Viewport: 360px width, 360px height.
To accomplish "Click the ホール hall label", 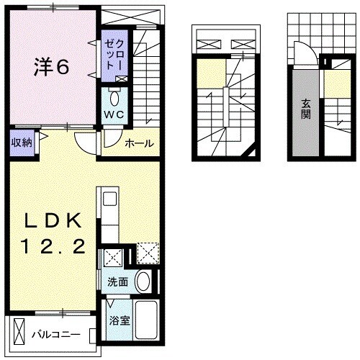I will [139, 143].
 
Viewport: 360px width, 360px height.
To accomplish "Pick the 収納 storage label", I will [21, 142].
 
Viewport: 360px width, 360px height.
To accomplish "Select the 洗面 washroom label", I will [118, 282].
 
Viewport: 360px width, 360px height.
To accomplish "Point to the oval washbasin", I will [143, 282].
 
